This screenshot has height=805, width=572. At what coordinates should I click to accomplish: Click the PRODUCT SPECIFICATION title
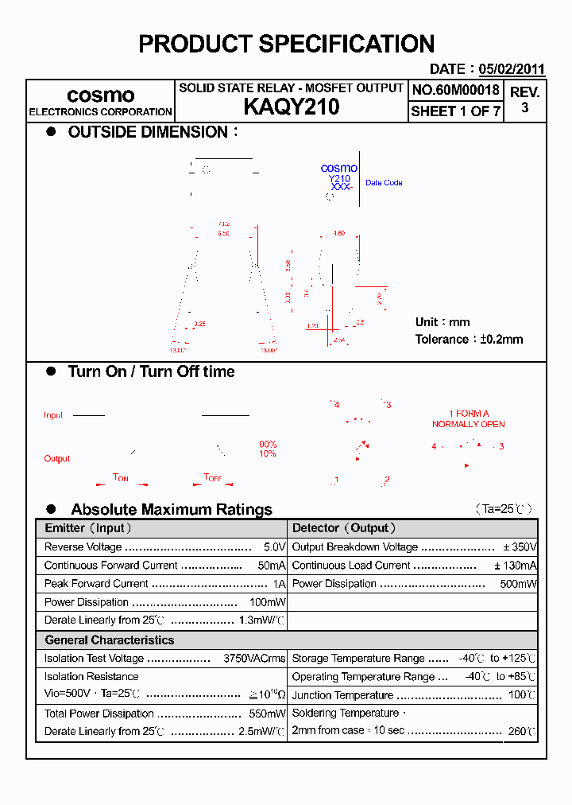point(286,44)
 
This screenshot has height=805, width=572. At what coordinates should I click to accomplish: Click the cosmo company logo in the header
point(100,95)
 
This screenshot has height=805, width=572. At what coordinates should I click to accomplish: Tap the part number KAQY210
point(291,107)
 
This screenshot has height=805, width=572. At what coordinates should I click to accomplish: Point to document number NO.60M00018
point(455,91)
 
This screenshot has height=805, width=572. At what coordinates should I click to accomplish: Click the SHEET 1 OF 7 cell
point(455,111)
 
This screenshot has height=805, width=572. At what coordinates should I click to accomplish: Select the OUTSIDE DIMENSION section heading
point(148,132)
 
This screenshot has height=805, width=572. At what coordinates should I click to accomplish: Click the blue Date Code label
point(384,183)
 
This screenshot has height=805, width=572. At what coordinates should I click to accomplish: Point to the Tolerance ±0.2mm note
point(469,339)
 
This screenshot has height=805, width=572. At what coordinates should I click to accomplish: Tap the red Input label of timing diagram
point(53,415)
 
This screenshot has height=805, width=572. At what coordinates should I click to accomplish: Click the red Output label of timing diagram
point(56,458)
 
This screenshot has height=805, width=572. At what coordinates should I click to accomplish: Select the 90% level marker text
point(268,444)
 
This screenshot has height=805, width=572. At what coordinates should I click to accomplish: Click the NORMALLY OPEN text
point(469,424)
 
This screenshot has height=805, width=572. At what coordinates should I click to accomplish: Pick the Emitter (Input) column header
point(88,528)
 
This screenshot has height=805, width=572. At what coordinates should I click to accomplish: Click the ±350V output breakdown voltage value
point(520,547)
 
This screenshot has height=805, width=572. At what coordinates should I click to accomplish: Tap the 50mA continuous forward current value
point(271,566)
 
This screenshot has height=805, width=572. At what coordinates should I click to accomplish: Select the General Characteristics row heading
point(109,640)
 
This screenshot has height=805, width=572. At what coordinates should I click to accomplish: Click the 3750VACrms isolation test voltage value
point(254,659)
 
